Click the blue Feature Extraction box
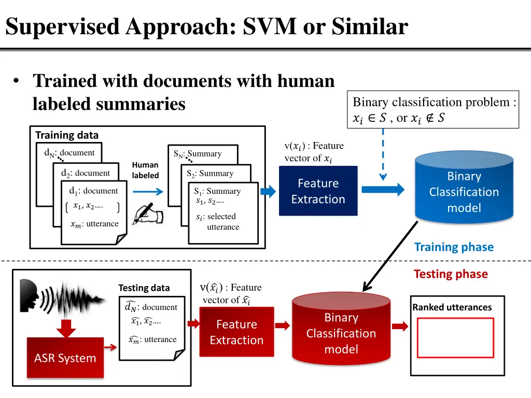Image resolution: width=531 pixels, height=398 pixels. pos(318,191)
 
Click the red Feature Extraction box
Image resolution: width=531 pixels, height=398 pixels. pos(236,332)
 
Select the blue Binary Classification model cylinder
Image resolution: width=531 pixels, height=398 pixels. pos(464,192)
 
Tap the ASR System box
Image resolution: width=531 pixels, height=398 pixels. pos(65,358)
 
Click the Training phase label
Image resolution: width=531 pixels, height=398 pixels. pos(454,247)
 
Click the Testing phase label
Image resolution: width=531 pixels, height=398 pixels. pos(451,274)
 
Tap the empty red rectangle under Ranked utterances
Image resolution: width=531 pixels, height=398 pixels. pos(455,337)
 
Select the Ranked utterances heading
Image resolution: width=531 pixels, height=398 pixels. pos(452,307)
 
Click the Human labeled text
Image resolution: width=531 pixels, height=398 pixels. pos(145,170)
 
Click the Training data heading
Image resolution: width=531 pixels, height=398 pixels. pos(66,135)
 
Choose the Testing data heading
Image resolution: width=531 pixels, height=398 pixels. pos(144,288)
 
